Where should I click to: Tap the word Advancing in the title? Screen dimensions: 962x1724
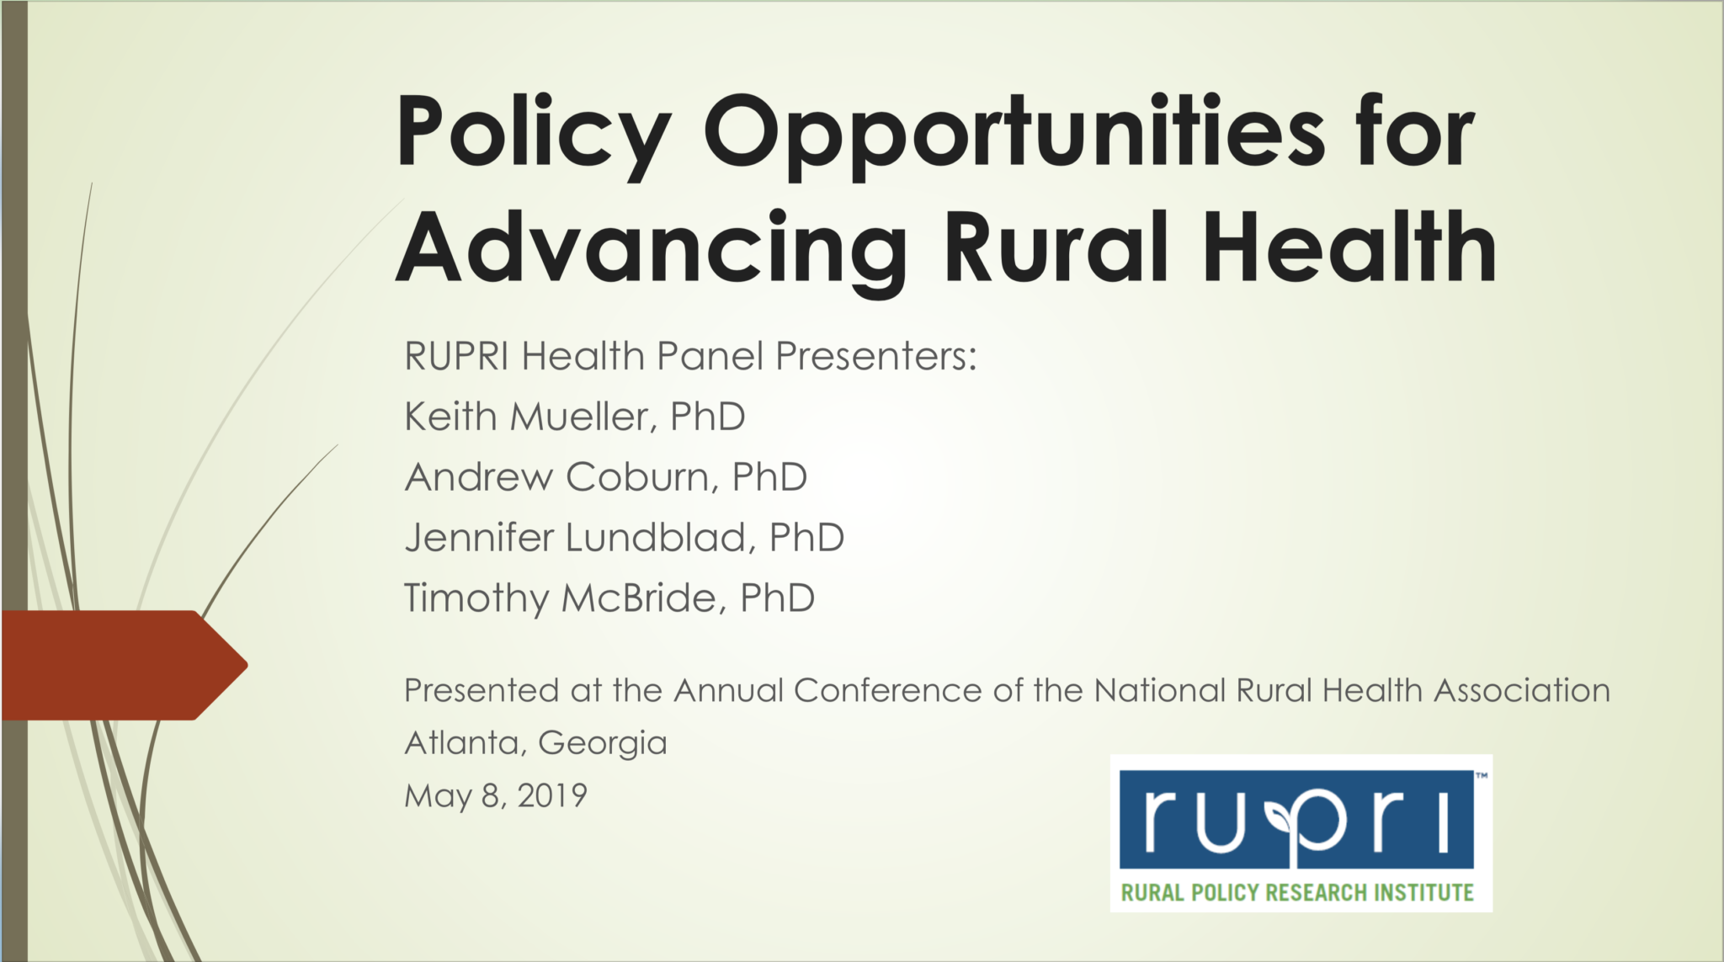[651, 248]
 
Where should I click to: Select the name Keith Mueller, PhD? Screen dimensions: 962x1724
[575, 417]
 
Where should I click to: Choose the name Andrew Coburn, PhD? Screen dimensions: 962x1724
[606, 477]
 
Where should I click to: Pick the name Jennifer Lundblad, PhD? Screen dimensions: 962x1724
[625, 538]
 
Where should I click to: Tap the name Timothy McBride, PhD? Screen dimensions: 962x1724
[609, 598]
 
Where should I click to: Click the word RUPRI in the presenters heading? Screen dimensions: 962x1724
[456, 356]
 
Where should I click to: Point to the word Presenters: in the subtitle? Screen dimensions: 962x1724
[875, 356]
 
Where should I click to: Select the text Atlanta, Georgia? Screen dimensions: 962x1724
[535, 743]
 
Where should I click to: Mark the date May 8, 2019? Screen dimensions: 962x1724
[496, 795]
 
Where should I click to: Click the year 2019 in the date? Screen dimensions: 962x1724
[552, 795]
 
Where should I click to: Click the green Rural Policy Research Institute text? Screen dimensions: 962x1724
[1296, 892]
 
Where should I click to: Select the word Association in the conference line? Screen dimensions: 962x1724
[1522, 691]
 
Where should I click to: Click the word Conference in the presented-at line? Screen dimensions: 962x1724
[887, 691]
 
